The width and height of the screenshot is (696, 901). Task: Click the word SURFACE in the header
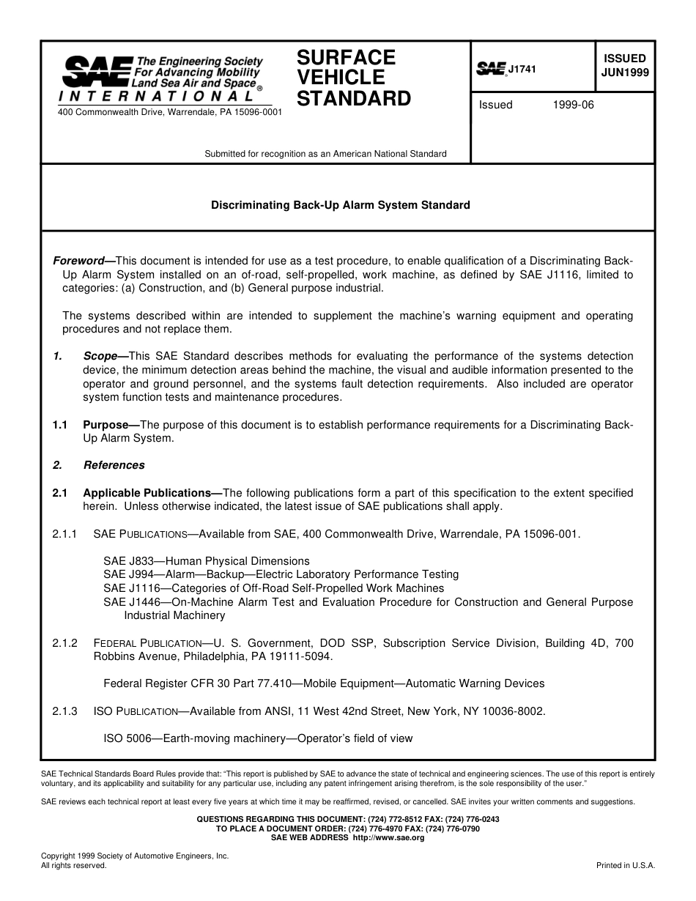coord(346,58)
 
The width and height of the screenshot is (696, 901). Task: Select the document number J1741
coord(522,70)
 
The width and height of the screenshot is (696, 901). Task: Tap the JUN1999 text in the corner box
coord(624,73)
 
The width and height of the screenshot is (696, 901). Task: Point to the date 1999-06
coord(574,105)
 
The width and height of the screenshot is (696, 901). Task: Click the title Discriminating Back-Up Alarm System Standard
coord(341,205)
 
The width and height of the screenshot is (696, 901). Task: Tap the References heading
coord(114,465)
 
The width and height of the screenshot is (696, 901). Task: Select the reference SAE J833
coord(125,561)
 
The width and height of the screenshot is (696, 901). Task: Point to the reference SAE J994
coord(125,574)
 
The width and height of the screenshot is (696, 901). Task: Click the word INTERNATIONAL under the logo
coord(156,96)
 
